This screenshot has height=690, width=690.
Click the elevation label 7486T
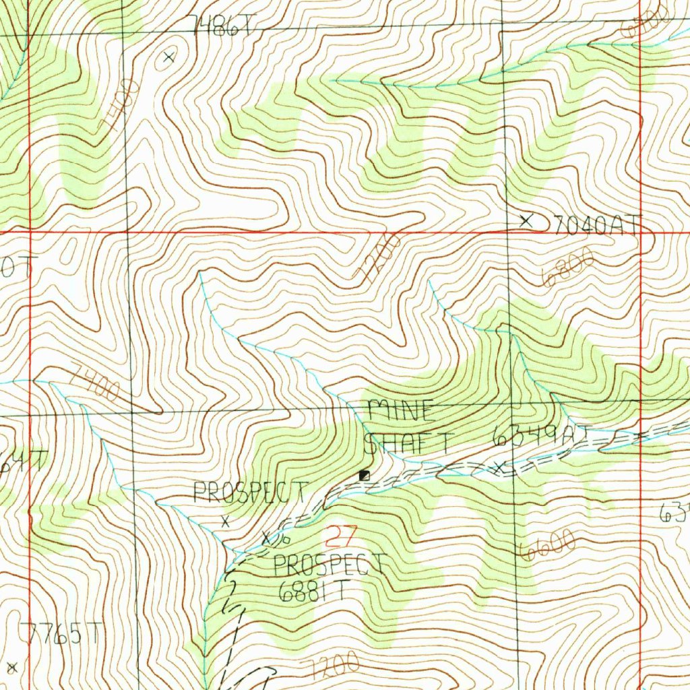click(224, 26)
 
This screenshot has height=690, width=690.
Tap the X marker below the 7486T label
click(169, 57)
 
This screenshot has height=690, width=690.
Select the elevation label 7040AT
click(595, 224)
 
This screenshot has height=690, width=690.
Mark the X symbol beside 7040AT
click(527, 220)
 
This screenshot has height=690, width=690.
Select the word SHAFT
click(406, 443)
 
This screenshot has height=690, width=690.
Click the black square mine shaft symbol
click(365, 476)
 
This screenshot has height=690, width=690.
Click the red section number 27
click(340, 537)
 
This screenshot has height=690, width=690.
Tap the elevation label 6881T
click(315, 591)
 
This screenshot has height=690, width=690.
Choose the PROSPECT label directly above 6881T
click(330, 565)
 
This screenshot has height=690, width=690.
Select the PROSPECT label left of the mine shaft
click(250, 493)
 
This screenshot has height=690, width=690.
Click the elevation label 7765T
click(61, 634)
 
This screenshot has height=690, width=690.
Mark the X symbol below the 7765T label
click(11, 667)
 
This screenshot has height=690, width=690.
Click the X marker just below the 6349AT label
click(500, 466)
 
